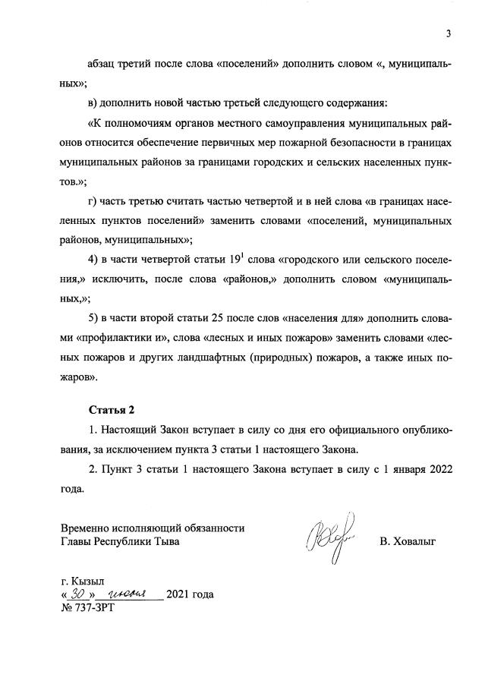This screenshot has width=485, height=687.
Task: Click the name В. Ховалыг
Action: (x=409, y=541)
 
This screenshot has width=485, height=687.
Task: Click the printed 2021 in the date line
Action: (x=178, y=594)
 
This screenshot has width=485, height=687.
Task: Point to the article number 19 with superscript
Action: (x=236, y=260)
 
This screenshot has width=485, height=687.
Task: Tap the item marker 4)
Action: (x=95, y=260)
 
